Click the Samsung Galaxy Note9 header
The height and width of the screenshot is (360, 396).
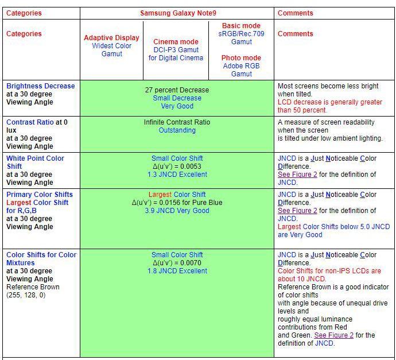coord(177,13)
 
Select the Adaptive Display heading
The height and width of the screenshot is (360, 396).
coord(111,38)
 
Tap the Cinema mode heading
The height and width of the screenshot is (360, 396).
coord(176,42)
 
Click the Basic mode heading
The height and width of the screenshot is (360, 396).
coord(241,26)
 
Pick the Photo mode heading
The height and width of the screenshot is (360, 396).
coord(241,58)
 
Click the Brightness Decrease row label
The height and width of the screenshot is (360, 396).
coord(40,86)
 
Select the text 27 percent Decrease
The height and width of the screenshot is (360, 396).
coord(177,90)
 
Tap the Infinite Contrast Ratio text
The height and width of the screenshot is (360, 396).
coord(177,122)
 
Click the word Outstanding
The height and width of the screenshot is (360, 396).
coord(177,130)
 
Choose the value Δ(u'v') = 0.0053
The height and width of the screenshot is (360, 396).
coord(177,167)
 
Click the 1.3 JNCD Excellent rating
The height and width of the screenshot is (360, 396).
coord(177,175)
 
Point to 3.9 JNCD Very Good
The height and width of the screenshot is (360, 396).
coord(177,211)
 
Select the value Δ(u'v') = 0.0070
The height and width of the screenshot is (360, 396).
coord(177,263)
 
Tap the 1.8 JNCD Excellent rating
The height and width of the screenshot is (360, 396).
coord(177,271)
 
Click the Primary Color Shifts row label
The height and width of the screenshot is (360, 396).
coord(40,195)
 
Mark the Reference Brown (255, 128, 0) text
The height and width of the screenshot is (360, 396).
coord(33,291)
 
